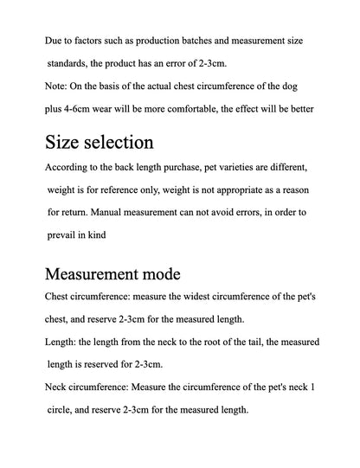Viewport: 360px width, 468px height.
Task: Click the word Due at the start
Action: pos(54,41)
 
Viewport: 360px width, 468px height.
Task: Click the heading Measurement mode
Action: pos(112,274)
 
